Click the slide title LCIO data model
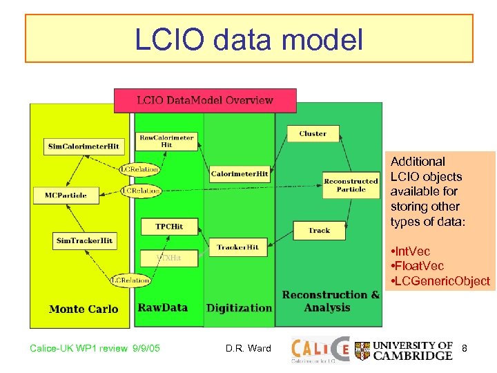248,39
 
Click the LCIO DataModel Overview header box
205,100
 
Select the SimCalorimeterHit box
84,146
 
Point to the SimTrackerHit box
84,240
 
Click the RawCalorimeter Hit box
166,141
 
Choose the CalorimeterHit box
240,174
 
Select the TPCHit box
169,226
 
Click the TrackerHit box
237,247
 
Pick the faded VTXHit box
169,258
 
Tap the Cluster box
313,133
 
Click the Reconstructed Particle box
351,185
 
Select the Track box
320,230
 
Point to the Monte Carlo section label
84,309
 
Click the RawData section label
163,307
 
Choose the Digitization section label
239,307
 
